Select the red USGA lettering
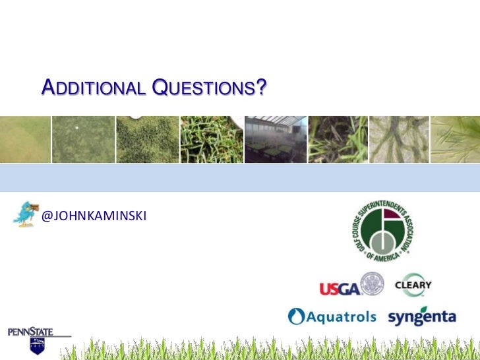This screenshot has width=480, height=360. [x=340, y=289]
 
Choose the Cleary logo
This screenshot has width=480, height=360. [x=413, y=285]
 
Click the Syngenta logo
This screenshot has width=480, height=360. [x=422, y=316]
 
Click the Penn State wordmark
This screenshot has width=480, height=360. [x=30, y=332]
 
